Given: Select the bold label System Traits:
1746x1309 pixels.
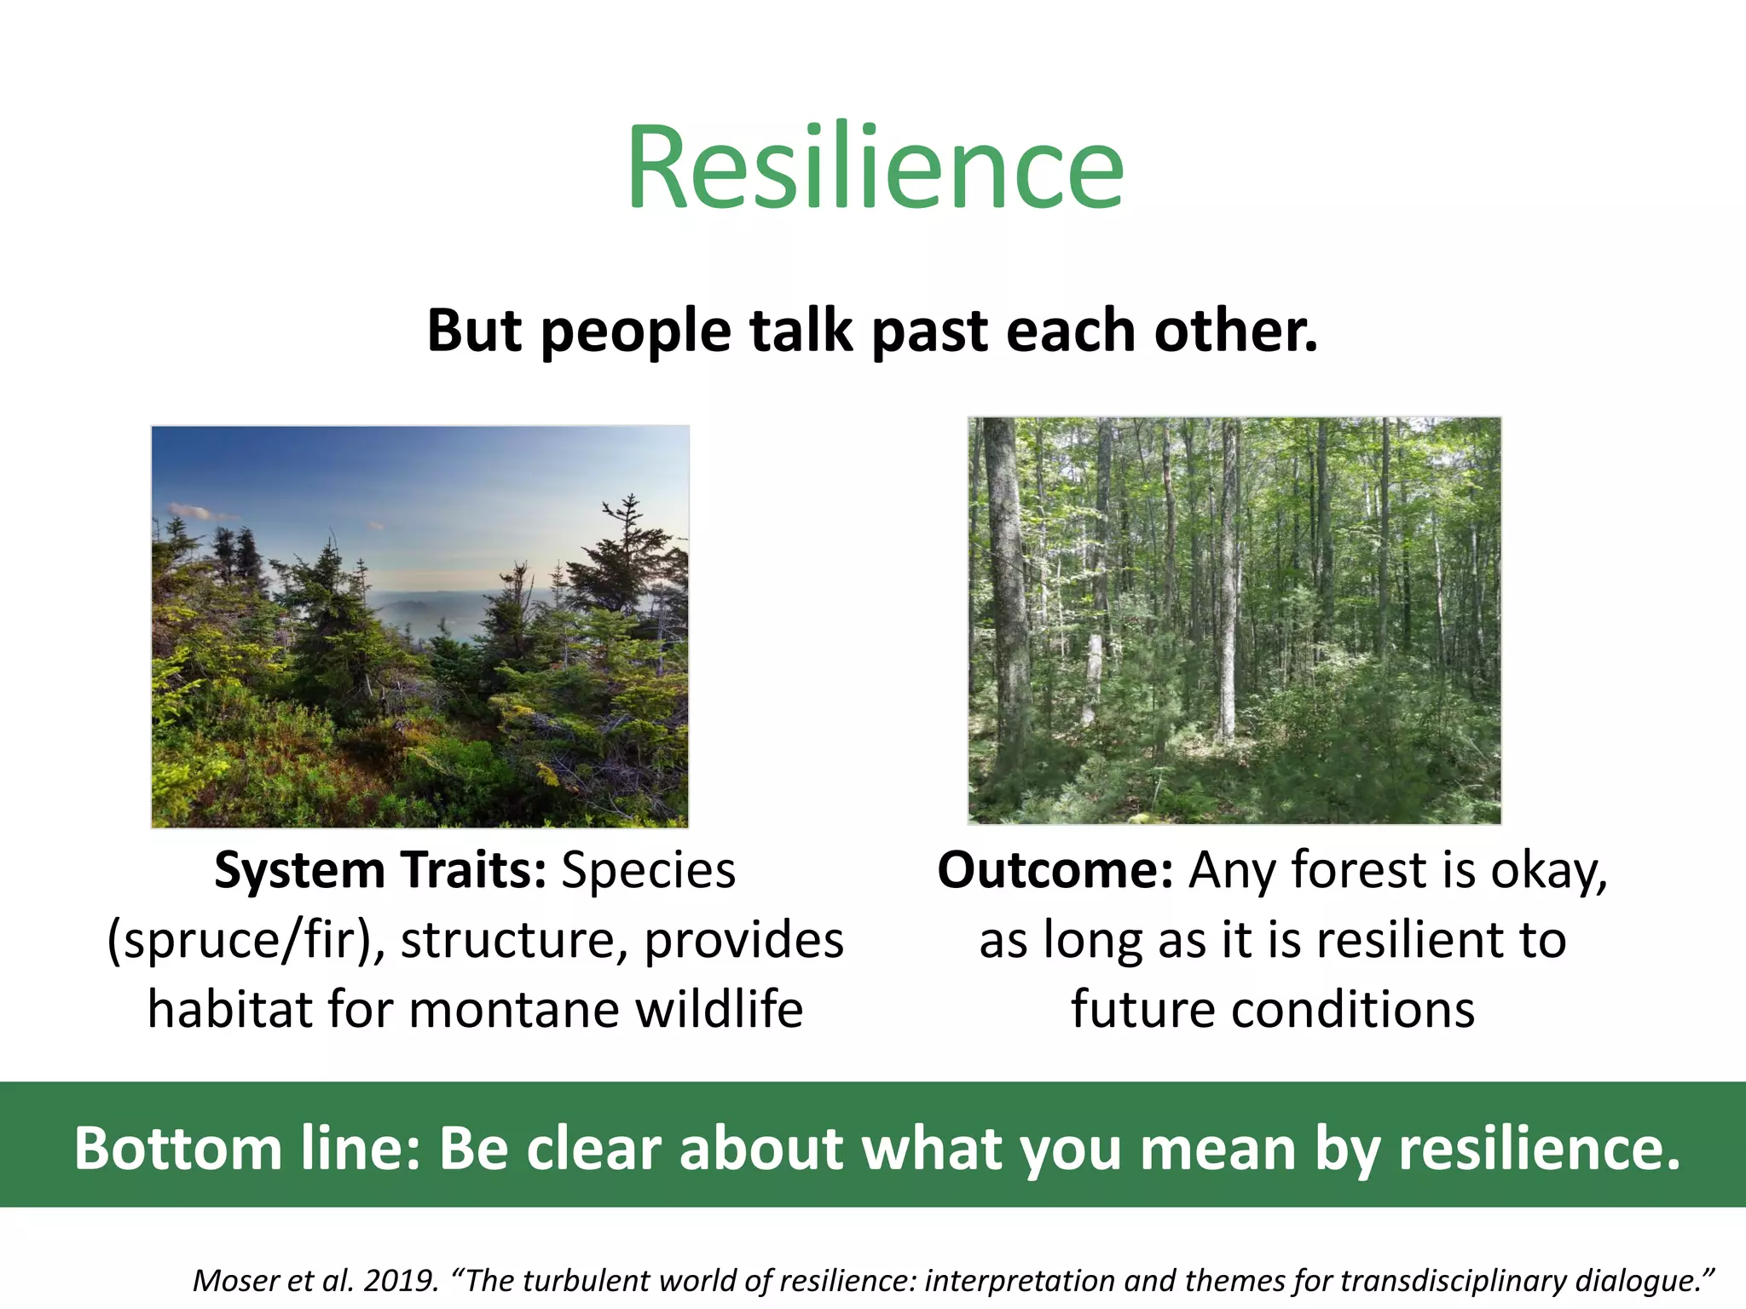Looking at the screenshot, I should coord(380,870).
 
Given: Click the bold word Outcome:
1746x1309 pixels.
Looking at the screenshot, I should coord(1055,870).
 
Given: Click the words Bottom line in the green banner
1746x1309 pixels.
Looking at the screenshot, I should coord(247,1148).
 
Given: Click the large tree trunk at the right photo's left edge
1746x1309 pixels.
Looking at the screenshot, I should coord(1007,597).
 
